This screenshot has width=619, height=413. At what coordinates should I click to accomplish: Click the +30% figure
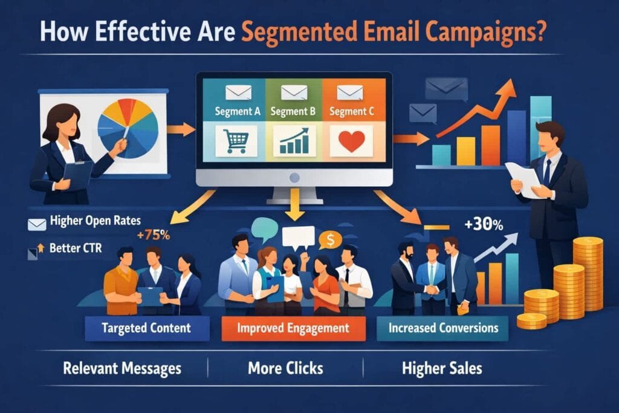pyautogui.click(x=484, y=225)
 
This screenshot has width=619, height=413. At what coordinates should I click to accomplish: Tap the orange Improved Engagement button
pyautogui.click(x=293, y=328)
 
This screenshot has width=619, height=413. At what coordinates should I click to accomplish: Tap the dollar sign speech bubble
pyautogui.click(x=329, y=240)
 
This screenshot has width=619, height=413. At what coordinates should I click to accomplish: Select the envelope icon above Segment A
pyautogui.click(x=233, y=92)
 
